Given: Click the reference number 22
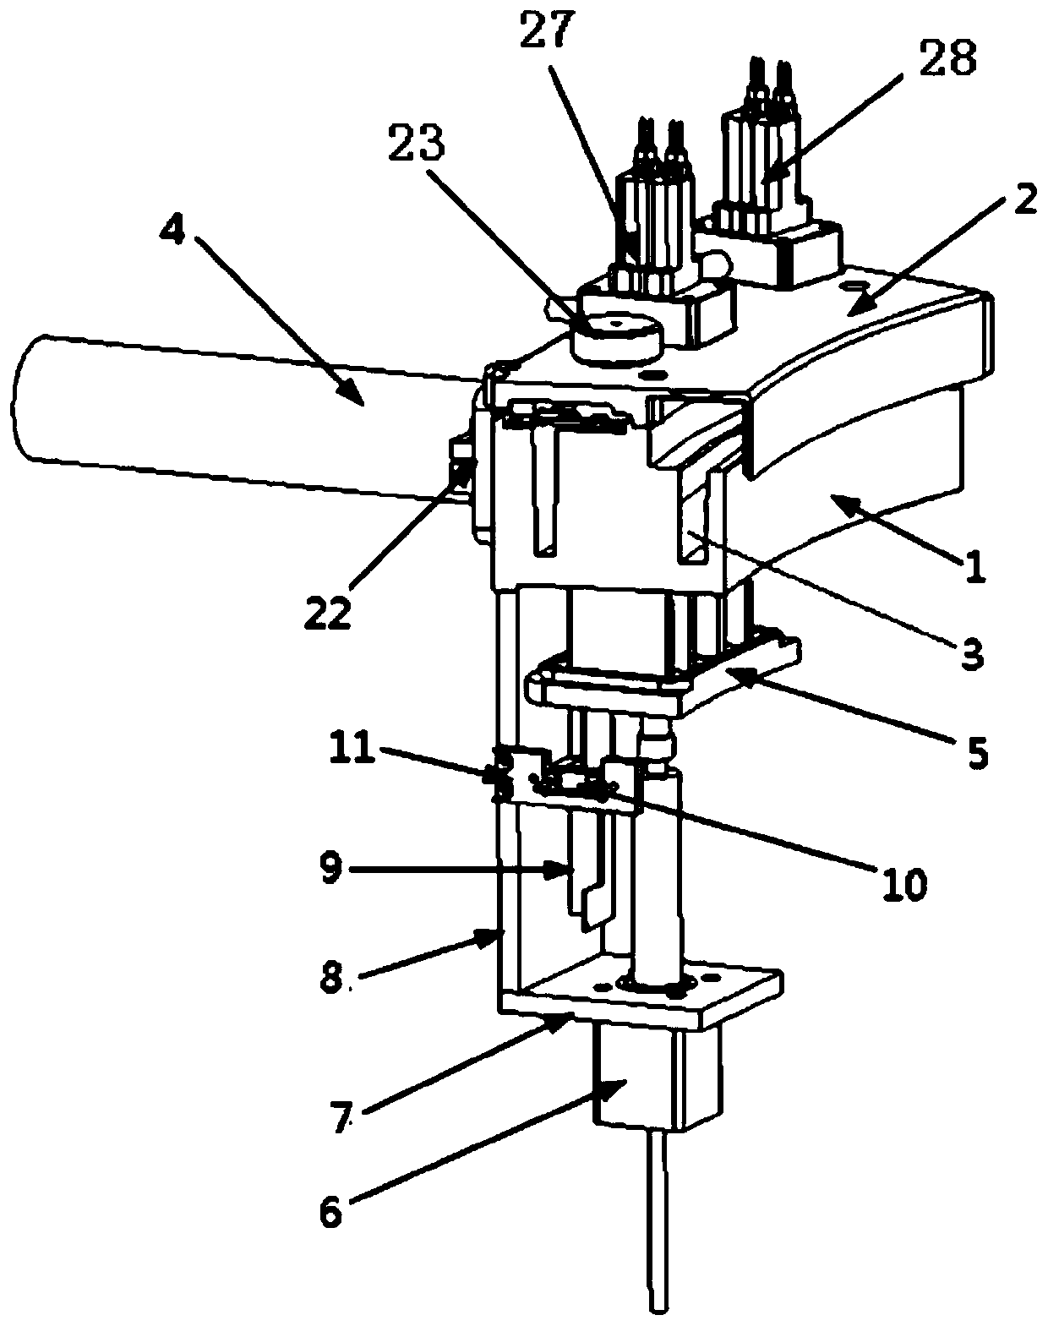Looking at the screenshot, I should click(328, 613).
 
